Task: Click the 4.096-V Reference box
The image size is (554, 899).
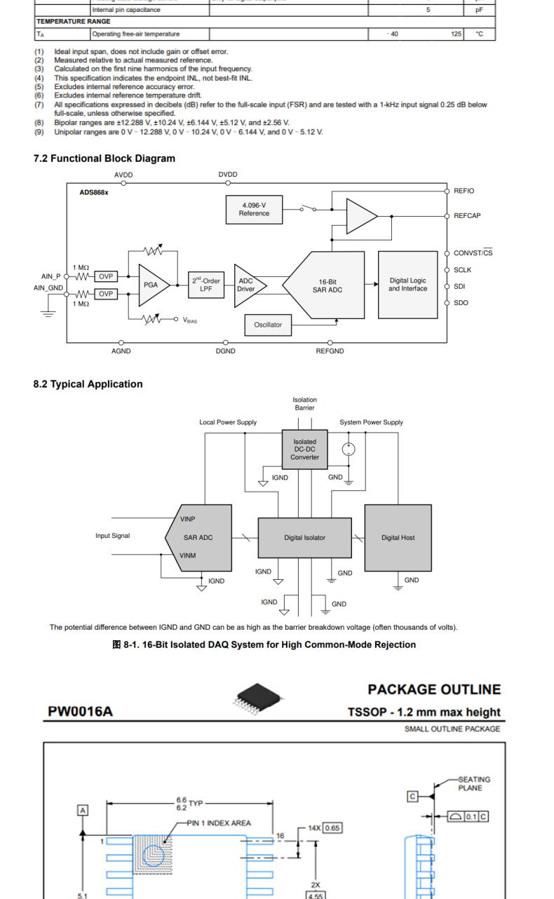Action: (254, 209)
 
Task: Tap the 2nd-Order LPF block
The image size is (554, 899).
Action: (206, 285)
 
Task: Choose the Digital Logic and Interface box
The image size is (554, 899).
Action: (408, 284)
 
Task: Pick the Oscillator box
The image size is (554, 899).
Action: (268, 325)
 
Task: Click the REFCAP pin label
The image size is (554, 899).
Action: (467, 216)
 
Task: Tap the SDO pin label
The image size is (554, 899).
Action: (461, 303)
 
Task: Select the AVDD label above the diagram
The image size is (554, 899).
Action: (123, 175)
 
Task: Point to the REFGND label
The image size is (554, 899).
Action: (330, 351)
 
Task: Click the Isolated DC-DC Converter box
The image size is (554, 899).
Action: (304, 449)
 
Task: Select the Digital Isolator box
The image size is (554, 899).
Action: (304, 538)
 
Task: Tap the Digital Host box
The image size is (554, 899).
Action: (398, 538)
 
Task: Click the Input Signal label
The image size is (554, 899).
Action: (113, 536)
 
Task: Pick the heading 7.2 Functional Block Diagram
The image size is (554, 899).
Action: (104, 158)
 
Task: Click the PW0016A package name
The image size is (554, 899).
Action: (80, 712)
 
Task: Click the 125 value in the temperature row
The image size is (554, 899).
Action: (457, 34)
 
